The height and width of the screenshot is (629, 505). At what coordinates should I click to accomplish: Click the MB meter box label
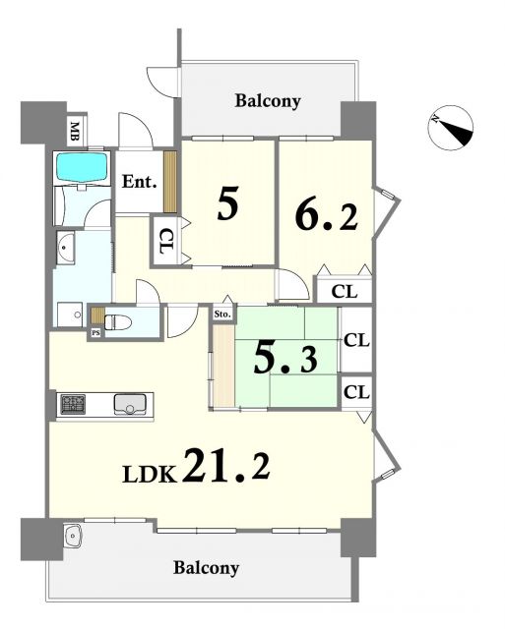click(75, 131)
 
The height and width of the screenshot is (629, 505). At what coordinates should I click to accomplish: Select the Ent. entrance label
click(139, 182)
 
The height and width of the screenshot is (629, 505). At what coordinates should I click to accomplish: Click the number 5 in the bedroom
click(228, 203)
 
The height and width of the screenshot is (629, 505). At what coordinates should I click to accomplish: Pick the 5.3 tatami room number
click(285, 359)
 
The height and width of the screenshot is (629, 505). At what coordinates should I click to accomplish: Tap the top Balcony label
click(268, 100)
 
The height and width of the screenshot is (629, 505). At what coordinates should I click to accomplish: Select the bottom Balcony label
click(206, 568)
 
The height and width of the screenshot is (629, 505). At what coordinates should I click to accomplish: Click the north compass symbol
click(450, 128)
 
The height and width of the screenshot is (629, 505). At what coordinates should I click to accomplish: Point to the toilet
click(118, 322)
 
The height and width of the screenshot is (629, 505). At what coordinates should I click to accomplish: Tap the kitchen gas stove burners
click(73, 404)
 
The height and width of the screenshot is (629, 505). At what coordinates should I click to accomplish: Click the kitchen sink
click(130, 404)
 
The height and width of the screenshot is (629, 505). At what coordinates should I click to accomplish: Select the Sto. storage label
click(222, 314)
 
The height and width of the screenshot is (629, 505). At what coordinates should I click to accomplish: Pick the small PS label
click(95, 332)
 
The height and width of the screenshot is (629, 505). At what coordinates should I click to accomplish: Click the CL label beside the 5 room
click(166, 241)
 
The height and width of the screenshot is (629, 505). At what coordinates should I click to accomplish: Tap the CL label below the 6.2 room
click(344, 292)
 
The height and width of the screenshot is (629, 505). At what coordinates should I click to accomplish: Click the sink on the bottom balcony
click(73, 536)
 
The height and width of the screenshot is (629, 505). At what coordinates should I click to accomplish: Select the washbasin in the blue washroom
click(65, 248)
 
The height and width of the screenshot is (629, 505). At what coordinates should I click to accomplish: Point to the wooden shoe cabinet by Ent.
click(170, 181)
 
